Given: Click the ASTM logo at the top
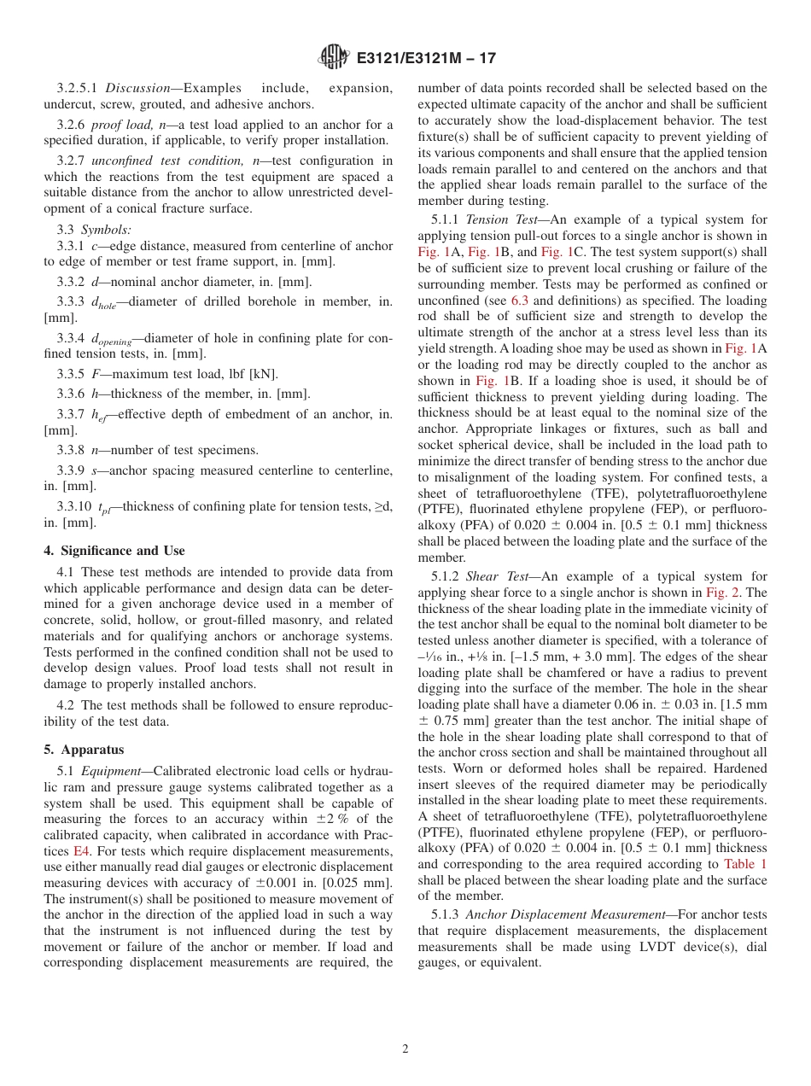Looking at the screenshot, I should [333, 58].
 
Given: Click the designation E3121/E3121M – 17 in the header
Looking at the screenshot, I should [424, 59].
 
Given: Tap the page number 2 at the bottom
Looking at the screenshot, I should [405, 1049].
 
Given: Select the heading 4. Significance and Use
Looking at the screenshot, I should [114, 551].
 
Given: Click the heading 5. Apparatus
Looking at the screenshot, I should [84, 750].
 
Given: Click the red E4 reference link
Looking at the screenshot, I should [82, 851].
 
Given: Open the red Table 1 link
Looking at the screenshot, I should [745, 864].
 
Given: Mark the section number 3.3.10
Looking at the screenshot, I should [75, 505].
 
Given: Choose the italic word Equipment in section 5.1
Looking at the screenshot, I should [114, 771].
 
